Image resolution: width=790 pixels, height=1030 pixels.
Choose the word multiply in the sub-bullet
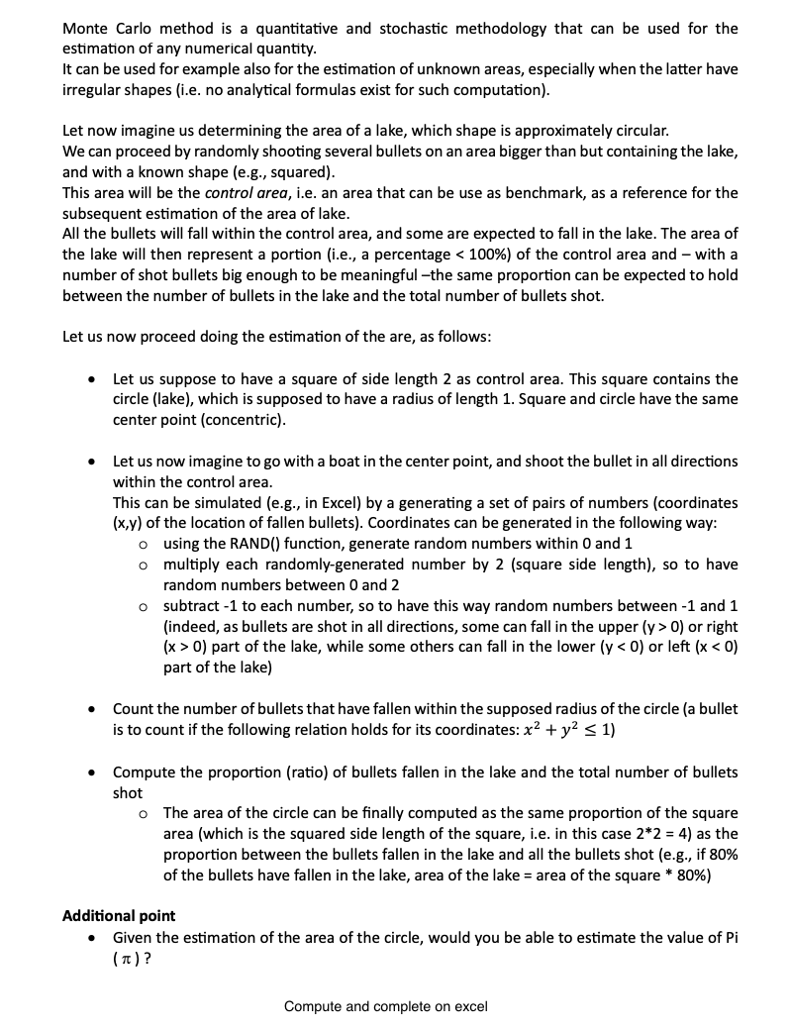pyautogui.click(x=192, y=564)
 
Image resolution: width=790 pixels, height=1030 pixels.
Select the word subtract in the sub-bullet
pyautogui.click(x=194, y=605)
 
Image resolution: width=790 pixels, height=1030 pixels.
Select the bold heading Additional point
pyautogui.click(x=119, y=916)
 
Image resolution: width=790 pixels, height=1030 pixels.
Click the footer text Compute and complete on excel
pyautogui.click(x=385, y=1006)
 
